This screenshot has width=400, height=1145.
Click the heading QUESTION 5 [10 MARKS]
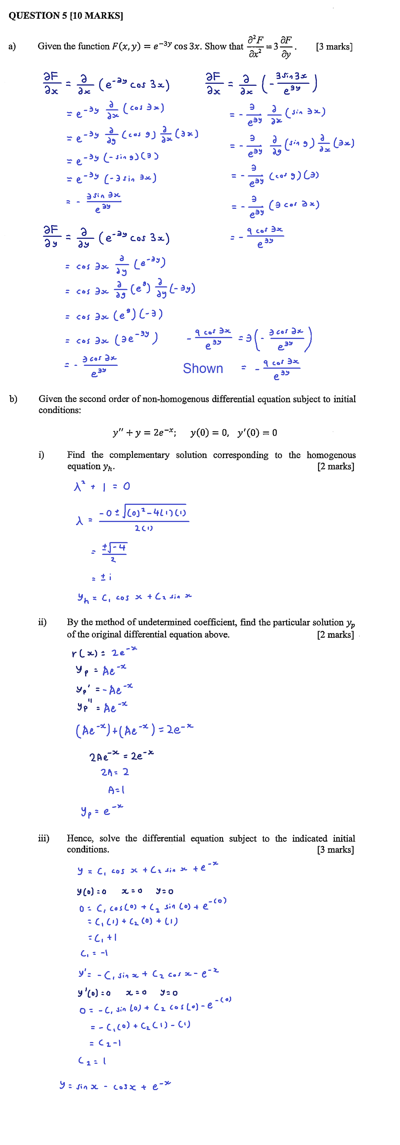(x=66, y=15)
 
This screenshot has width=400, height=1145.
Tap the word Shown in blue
(x=203, y=368)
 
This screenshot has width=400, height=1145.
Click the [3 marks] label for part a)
(x=334, y=47)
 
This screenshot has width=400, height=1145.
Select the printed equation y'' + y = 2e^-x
(x=144, y=432)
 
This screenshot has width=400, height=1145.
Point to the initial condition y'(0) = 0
(x=257, y=432)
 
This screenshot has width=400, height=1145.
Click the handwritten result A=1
(x=116, y=790)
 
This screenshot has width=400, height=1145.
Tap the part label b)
(x=13, y=399)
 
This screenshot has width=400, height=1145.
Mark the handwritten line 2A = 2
(x=115, y=772)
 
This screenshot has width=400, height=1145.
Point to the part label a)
(x=12, y=46)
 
